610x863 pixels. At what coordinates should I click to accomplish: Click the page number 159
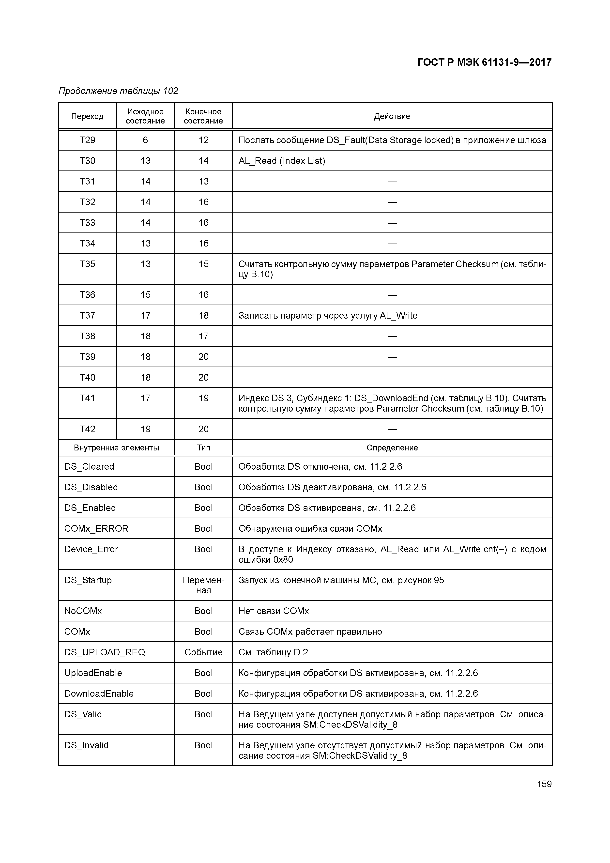pyautogui.click(x=544, y=784)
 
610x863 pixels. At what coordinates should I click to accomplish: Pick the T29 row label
pyautogui.click(x=87, y=140)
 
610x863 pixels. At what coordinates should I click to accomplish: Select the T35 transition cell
pyautogui.click(x=87, y=264)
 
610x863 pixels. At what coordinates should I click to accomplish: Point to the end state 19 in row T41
pyautogui.click(x=203, y=398)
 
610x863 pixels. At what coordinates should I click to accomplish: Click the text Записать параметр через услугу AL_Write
pyautogui.click(x=328, y=315)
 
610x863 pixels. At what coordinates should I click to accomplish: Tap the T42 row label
pyautogui.click(x=87, y=429)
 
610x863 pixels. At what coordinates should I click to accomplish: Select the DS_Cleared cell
pyautogui.click(x=89, y=466)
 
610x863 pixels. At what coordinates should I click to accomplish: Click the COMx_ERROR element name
pyautogui.click(x=96, y=528)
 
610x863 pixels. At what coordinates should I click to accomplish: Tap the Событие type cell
pyautogui.click(x=203, y=652)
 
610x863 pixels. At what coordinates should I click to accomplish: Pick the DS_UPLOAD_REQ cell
pyautogui.click(x=105, y=652)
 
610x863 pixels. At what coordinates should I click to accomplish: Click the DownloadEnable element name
pyautogui.click(x=99, y=693)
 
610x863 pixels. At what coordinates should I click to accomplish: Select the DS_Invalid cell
pyautogui.click(x=86, y=745)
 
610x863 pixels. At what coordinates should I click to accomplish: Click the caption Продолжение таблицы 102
pyautogui.click(x=118, y=91)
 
